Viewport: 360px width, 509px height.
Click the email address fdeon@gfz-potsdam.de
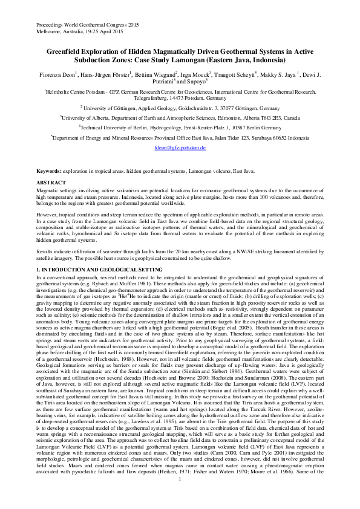click(x=180, y=148)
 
